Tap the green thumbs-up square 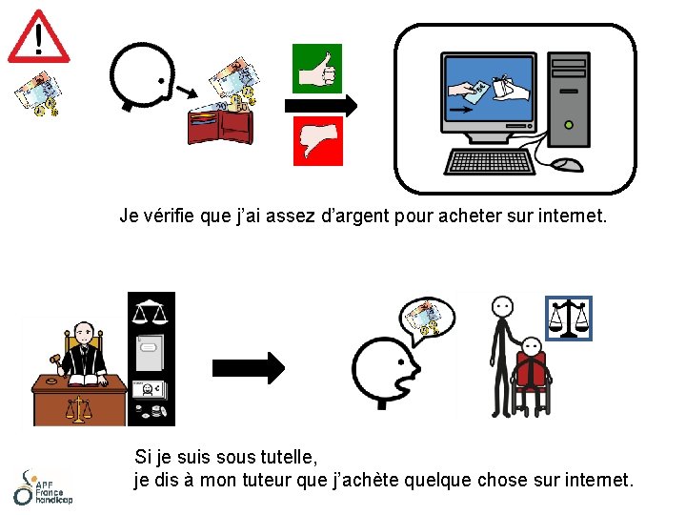pyautogui.click(x=316, y=69)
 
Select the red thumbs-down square pyautogui.click(x=317, y=141)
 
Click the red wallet pyautogui.click(x=220, y=127)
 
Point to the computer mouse pyautogui.click(x=567, y=165)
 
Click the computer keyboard pyautogui.click(x=489, y=162)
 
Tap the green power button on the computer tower pyautogui.click(x=569, y=125)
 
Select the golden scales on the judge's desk pyautogui.click(x=78, y=409)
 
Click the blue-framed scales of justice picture pyautogui.click(x=569, y=319)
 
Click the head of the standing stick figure pyautogui.click(x=502, y=307)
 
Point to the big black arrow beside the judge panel pyautogui.click(x=249, y=368)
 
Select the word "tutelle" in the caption pyautogui.click(x=289, y=458)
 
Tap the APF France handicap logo pyautogui.click(x=43, y=488)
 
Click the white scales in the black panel pyautogui.click(x=150, y=311)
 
